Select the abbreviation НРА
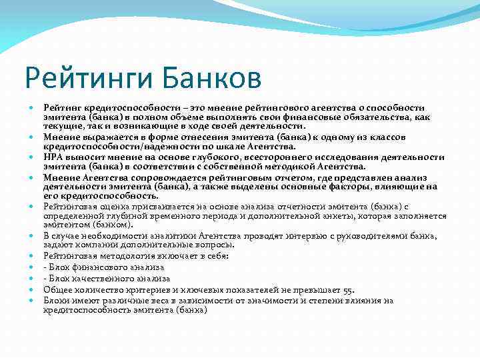tap(53, 157)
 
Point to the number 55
tap(347, 289)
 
